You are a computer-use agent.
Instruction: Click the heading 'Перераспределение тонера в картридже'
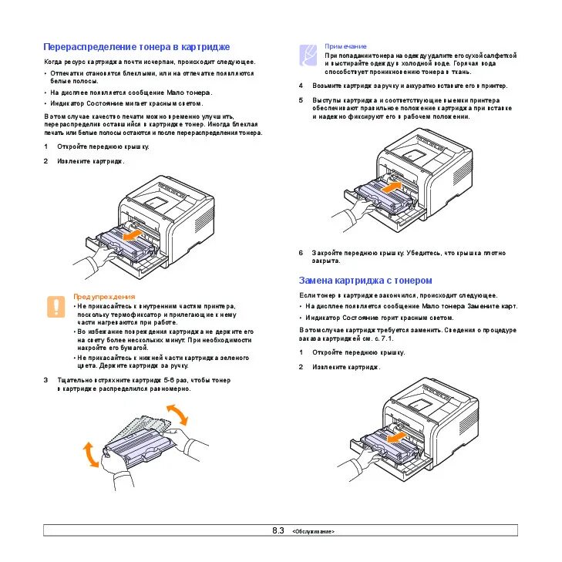[136, 47]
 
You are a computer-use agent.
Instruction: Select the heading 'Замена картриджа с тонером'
[365, 281]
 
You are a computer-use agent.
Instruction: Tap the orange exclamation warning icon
[56, 306]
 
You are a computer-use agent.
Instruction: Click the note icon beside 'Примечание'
[308, 53]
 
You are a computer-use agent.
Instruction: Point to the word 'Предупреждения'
[104, 296]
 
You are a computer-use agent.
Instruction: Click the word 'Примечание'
[345, 46]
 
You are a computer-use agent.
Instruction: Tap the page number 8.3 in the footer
[278, 530]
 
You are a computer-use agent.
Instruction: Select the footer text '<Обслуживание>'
[314, 532]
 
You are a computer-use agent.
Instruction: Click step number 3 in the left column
[45, 380]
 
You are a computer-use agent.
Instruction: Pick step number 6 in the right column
[301, 252]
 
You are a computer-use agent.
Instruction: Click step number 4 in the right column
[301, 86]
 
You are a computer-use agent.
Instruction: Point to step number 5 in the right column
[301, 100]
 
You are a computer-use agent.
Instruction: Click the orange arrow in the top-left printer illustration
[134, 232]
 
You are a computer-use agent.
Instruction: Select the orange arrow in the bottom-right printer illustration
[394, 437]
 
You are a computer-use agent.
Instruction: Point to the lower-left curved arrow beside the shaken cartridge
[91, 454]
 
